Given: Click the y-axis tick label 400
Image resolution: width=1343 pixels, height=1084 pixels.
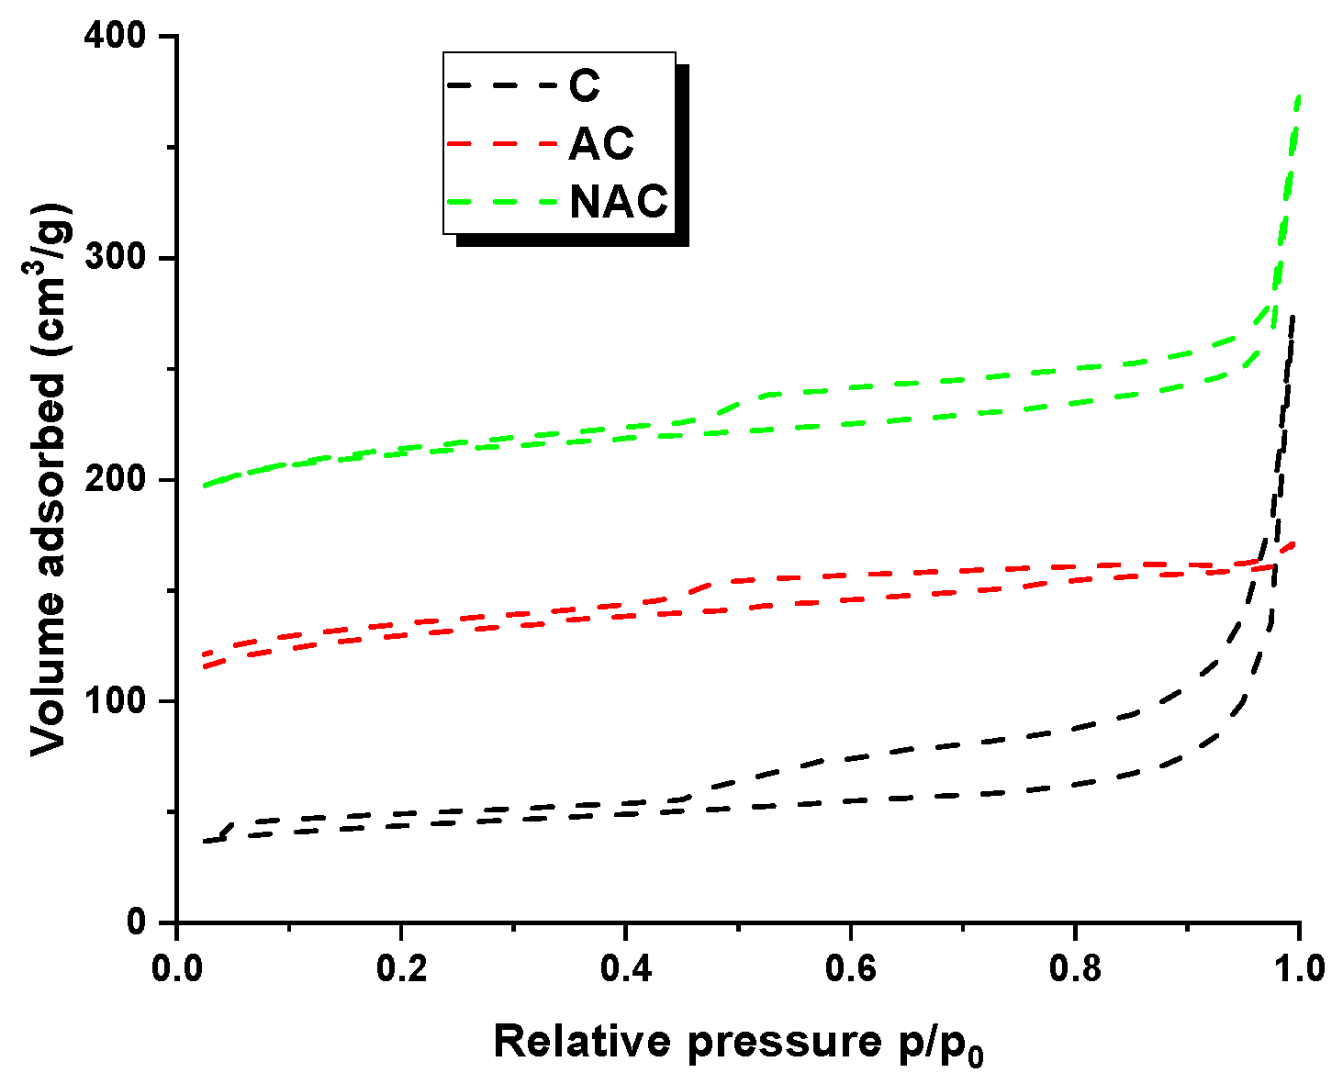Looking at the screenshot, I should [x=118, y=38].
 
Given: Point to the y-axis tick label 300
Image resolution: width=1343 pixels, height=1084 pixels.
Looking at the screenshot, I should [x=118, y=259].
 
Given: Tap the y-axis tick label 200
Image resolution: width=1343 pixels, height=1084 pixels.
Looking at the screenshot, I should [x=118, y=480].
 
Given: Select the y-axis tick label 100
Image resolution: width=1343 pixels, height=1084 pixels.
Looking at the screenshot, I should [x=118, y=701].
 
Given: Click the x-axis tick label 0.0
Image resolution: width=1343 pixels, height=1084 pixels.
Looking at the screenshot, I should [x=176, y=968].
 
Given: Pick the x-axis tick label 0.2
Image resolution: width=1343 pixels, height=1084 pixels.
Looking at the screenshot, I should [x=401, y=968].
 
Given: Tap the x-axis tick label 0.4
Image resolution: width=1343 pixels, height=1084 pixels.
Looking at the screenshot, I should [x=625, y=968].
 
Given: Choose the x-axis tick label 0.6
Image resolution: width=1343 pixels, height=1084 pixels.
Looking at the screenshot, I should [x=850, y=968].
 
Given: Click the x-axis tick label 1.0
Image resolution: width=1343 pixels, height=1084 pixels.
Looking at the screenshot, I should [x=1298, y=968].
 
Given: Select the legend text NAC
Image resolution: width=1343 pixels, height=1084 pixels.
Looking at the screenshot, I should [x=619, y=202].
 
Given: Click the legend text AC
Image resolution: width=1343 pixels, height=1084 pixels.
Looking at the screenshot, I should [x=601, y=144].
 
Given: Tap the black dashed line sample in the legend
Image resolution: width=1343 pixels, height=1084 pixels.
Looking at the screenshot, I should [x=502, y=86].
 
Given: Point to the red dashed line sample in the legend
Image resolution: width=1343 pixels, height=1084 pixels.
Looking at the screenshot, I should [x=502, y=144].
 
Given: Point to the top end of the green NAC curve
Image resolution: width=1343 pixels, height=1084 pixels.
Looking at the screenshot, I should [x=1298, y=96].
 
